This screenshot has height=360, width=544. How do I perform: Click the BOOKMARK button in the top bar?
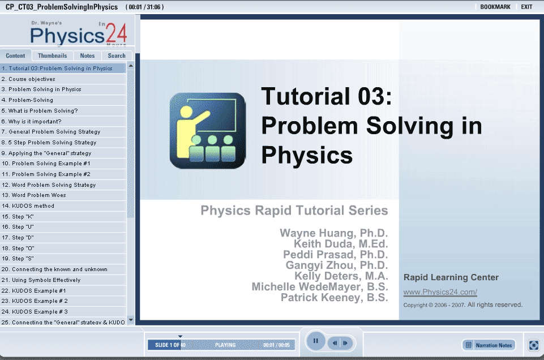click(x=495, y=7)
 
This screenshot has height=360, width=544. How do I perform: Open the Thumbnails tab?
click(x=53, y=55)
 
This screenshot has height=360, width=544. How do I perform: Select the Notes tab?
click(x=87, y=55)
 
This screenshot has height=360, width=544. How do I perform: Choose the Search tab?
click(x=117, y=55)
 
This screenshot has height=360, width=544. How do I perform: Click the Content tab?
click(x=16, y=55)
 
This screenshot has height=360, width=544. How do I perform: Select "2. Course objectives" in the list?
click(x=28, y=79)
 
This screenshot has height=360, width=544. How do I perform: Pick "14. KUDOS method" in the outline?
click(x=28, y=205)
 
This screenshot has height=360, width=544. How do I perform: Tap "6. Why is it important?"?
click(x=31, y=121)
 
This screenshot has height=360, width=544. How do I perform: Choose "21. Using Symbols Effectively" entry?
click(x=41, y=280)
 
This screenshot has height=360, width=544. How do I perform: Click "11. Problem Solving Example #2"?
click(x=46, y=174)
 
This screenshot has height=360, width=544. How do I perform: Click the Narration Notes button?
click(x=489, y=345)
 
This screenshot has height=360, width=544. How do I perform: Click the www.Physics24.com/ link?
click(x=440, y=292)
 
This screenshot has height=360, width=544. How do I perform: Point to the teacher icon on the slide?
click(x=208, y=130)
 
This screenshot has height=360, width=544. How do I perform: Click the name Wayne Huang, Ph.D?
click(x=334, y=233)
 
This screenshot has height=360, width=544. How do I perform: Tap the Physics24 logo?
click(x=79, y=33)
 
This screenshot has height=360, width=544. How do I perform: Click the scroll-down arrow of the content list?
click(x=131, y=320)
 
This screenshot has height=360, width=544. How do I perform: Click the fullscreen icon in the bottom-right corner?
click(x=533, y=345)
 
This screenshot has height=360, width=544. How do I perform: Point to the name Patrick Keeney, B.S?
click(x=335, y=298)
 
